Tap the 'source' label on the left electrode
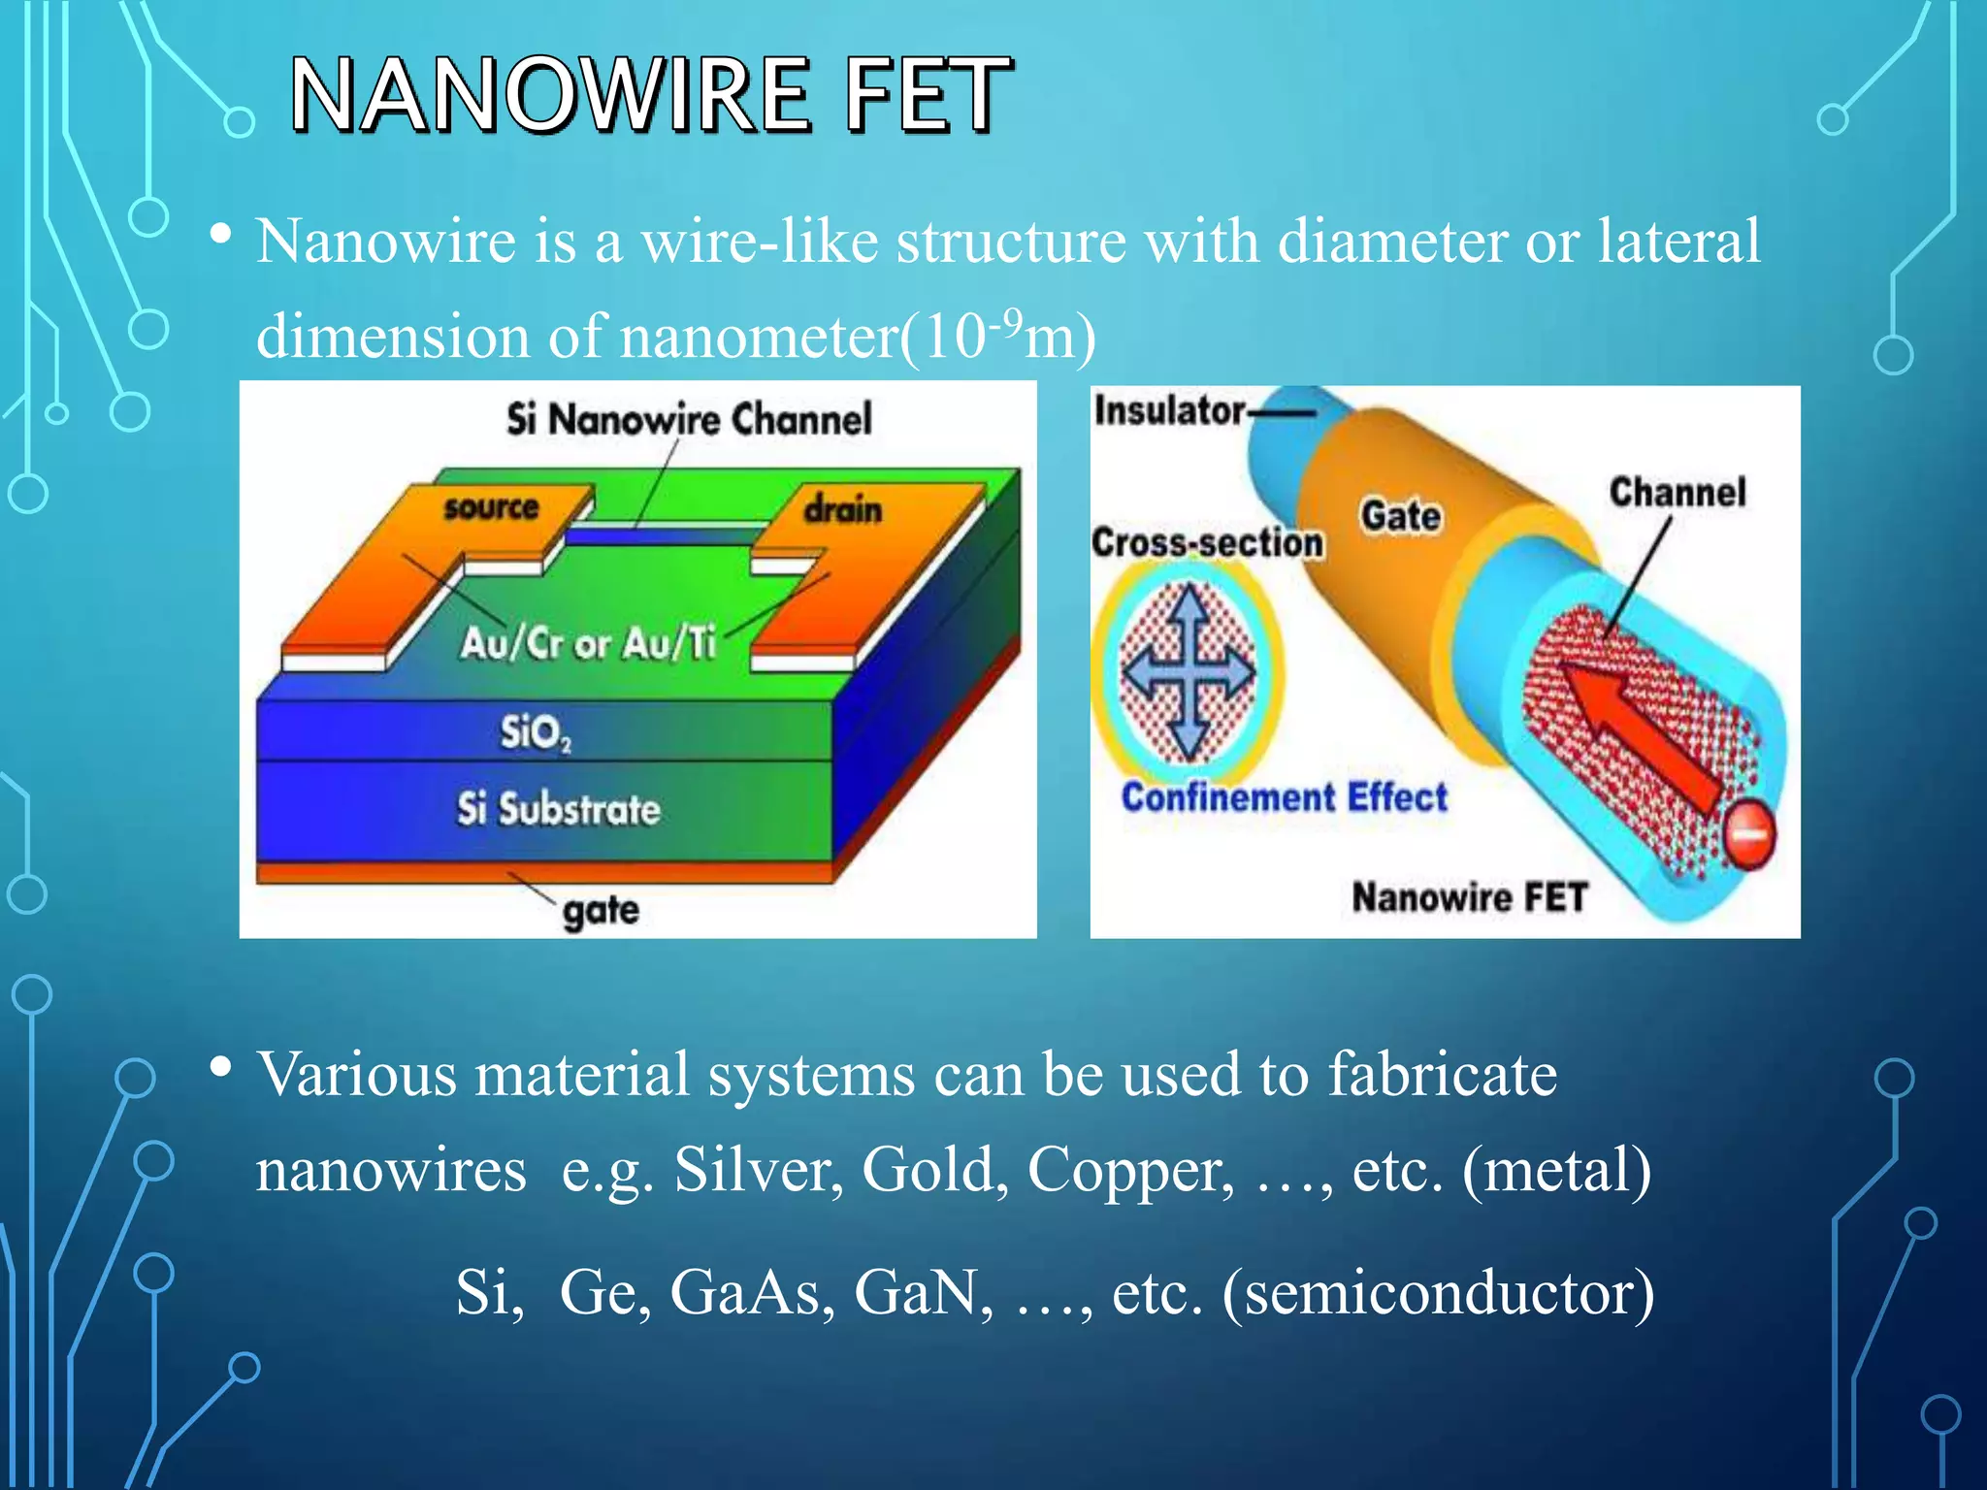click(491, 506)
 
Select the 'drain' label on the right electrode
click(842, 509)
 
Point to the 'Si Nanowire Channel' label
click(689, 419)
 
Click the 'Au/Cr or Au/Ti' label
click(588, 642)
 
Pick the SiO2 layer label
click(535, 732)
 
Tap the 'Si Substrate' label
click(559, 808)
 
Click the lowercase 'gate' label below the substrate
click(601, 910)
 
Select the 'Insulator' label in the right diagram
click(1169, 410)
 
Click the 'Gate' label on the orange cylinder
click(1400, 515)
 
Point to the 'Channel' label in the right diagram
click(1678, 492)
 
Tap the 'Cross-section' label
click(1207, 542)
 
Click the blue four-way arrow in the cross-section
click(1188, 670)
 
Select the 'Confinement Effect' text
click(1284, 797)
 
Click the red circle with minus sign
click(1749, 834)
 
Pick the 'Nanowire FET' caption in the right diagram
click(1469, 897)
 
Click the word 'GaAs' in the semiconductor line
click(752, 1293)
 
